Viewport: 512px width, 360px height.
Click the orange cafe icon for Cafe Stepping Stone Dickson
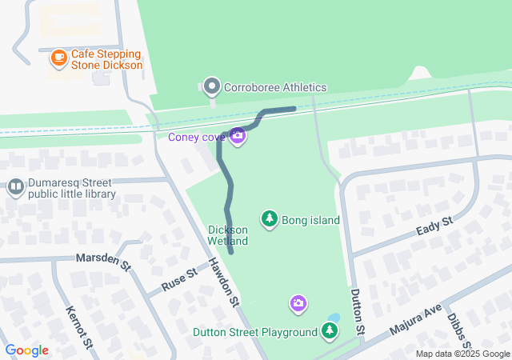[x=58, y=58]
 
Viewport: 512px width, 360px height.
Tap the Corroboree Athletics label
[x=275, y=87]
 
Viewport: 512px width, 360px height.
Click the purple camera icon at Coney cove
[x=237, y=136]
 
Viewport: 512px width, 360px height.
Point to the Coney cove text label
[x=196, y=137]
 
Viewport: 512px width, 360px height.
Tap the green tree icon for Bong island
[x=270, y=218]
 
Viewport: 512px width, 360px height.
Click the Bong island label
[x=310, y=220]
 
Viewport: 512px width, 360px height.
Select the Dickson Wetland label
[x=228, y=235]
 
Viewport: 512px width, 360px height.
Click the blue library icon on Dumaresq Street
[x=15, y=188]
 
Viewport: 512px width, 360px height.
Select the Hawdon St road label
[x=224, y=282]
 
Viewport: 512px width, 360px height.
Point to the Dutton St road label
[x=358, y=312]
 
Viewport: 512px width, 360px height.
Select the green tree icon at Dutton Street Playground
[x=329, y=330]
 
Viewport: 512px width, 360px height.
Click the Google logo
[x=27, y=350]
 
